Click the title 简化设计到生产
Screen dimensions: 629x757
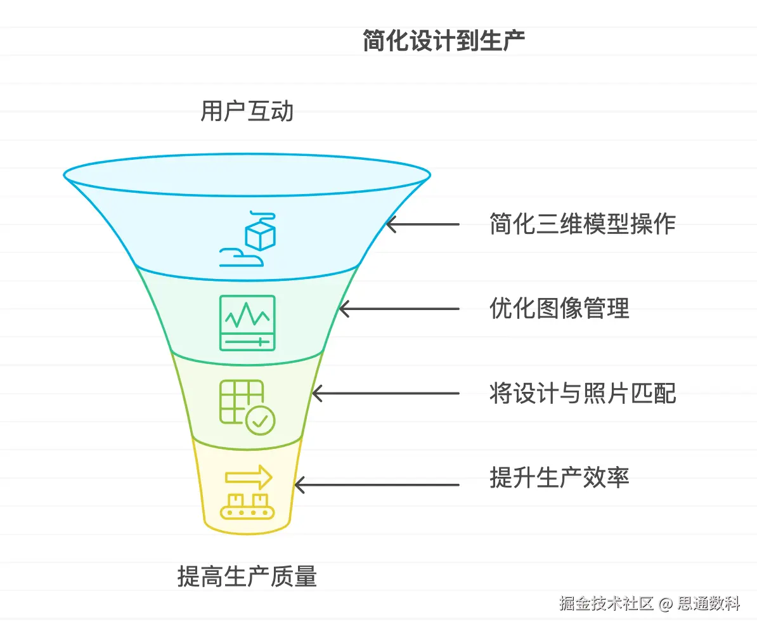[443, 41]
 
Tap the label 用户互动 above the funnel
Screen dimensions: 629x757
[247, 112]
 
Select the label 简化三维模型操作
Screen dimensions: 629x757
[582, 224]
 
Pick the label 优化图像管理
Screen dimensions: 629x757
[559, 309]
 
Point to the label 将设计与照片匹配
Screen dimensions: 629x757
[582, 394]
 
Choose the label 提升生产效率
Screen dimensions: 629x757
[559, 477]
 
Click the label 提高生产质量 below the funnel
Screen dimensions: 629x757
[247, 577]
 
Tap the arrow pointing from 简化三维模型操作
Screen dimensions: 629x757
[422, 224]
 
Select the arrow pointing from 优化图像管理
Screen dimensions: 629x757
[399, 309]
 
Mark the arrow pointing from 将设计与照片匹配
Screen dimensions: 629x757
[385, 394]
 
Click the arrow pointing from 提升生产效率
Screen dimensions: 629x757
[377, 485]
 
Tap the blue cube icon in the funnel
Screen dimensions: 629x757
[260, 235]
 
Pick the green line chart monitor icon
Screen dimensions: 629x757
[247, 322]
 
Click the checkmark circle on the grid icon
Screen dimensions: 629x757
[260, 420]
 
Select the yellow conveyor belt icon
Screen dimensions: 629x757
[247, 506]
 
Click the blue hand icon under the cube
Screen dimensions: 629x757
[242, 257]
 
